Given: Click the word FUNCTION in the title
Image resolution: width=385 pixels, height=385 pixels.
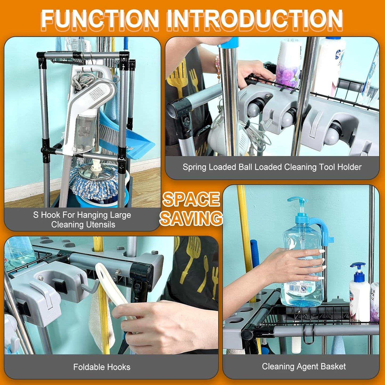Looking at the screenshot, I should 100,19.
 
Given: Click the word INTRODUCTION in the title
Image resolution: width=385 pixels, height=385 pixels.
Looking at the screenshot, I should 254,19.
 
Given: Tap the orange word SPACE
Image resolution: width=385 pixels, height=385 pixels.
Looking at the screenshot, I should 191,199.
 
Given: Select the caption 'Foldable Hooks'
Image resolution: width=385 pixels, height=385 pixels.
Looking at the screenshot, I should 102,367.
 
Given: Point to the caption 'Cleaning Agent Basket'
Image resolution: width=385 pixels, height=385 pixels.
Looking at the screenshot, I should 304,367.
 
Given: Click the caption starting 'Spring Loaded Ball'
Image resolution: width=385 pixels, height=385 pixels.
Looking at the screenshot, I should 272,167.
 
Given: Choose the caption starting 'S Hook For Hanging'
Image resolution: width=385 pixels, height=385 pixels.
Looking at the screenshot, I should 82,220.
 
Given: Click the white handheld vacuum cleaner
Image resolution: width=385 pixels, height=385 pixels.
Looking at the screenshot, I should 88,107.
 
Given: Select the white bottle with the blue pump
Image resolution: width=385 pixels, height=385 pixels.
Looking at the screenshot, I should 359,296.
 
